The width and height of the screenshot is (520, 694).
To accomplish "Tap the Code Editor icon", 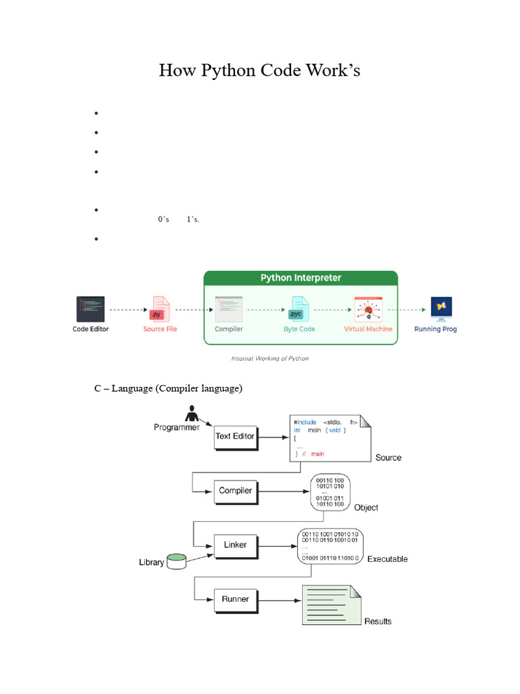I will (90, 309).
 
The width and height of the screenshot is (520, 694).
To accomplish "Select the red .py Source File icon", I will (160, 309).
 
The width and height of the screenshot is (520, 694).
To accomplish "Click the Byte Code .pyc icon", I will (299, 309).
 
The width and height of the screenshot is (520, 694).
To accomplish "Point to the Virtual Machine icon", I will (368, 309).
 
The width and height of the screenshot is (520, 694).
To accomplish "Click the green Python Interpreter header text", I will (301, 278).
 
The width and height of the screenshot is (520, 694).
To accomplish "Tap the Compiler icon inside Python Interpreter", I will (228, 309).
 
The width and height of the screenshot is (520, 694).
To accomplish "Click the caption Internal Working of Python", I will (269, 359).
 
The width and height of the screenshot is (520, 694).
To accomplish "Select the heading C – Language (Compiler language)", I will (168, 388).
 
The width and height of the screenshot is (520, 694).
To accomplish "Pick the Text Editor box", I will (234, 436).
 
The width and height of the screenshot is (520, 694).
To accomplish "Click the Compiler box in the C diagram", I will (235, 491).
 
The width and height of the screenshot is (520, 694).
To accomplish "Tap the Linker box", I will (235, 545).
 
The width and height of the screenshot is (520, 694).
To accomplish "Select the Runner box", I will (235, 599).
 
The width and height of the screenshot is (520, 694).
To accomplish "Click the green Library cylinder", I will (177, 560).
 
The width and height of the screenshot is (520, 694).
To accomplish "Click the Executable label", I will (387, 559).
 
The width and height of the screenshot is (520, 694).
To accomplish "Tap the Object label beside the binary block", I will (366, 508).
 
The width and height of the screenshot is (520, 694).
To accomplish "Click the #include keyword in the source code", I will (305, 422).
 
